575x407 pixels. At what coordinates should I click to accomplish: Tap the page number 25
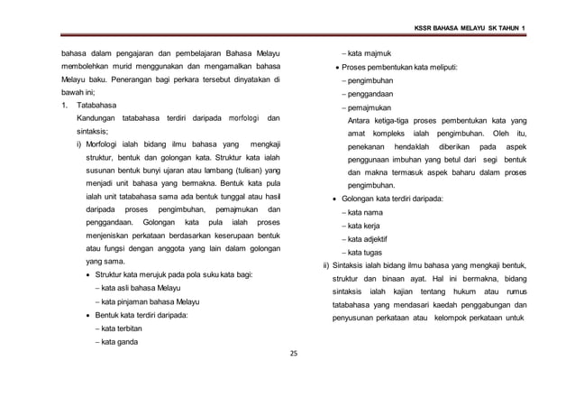(x=293, y=353)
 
